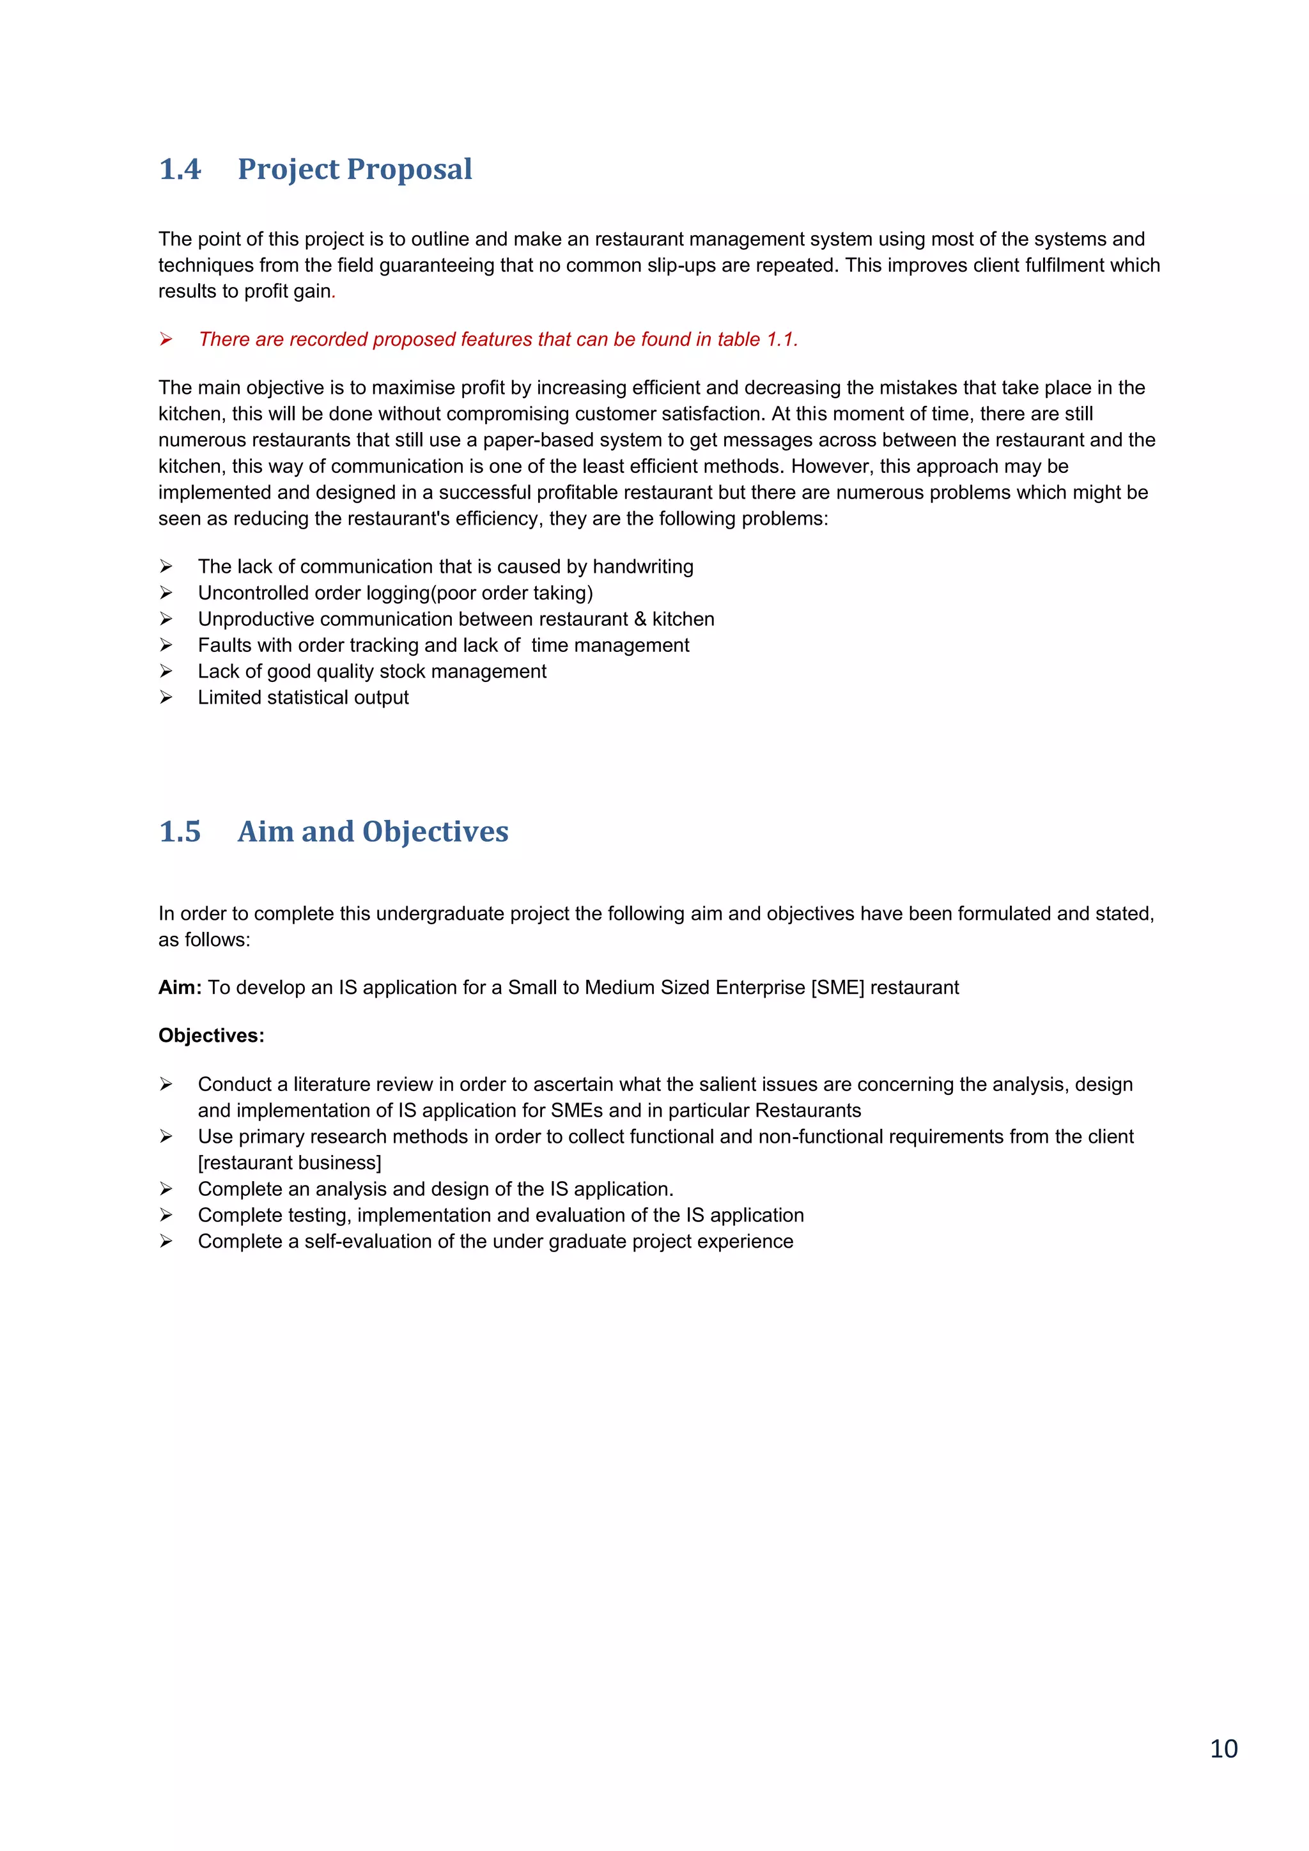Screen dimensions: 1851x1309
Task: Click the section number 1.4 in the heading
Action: [180, 169]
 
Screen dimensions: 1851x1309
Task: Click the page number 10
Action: [1223, 1749]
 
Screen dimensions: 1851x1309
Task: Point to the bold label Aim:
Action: [180, 987]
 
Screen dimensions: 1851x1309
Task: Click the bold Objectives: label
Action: [211, 1036]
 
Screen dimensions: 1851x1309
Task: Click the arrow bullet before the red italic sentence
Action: [166, 339]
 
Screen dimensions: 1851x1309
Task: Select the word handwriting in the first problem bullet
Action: [642, 567]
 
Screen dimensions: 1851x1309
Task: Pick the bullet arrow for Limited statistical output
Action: [166, 697]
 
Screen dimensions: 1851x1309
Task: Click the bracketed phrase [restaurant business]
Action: [290, 1163]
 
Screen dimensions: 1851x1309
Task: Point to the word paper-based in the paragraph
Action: [534, 440]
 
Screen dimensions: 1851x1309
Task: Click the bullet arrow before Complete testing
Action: [166, 1215]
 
